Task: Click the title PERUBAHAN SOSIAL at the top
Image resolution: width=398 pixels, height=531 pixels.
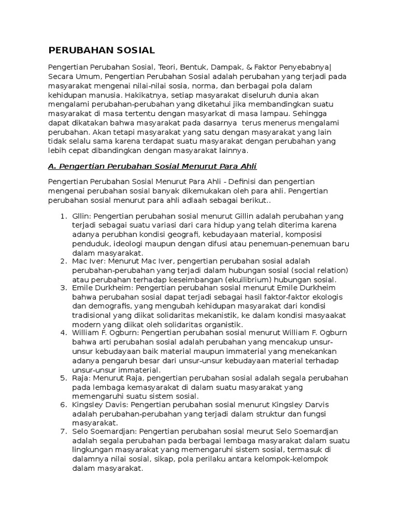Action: [101, 50]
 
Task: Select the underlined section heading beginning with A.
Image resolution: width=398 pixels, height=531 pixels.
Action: [152, 166]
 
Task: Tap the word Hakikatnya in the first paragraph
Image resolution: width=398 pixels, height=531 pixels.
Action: [149, 95]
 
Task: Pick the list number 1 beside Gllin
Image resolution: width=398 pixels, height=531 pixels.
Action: [63, 216]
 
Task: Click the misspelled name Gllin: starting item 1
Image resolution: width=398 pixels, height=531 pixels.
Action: [82, 216]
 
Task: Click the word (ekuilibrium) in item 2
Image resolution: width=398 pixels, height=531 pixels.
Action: [221, 280]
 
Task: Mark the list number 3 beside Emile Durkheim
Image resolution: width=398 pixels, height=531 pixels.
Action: [63, 288]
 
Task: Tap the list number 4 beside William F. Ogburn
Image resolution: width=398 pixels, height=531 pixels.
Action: [63, 333]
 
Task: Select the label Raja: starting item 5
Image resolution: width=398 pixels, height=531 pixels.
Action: [81, 378]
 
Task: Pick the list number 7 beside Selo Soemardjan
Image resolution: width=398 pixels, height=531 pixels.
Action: [63, 432]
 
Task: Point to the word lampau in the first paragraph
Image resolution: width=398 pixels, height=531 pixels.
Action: [276, 114]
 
